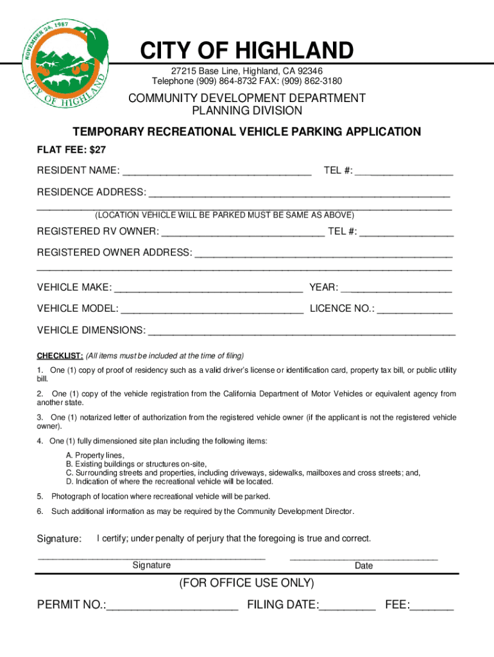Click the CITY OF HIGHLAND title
coord(247,51)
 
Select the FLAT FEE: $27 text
coord(71,149)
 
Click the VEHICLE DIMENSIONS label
coord(91,330)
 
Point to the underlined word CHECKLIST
coord(60,355)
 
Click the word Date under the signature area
coord(364,566)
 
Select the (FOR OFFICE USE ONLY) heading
coord(247,583)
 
